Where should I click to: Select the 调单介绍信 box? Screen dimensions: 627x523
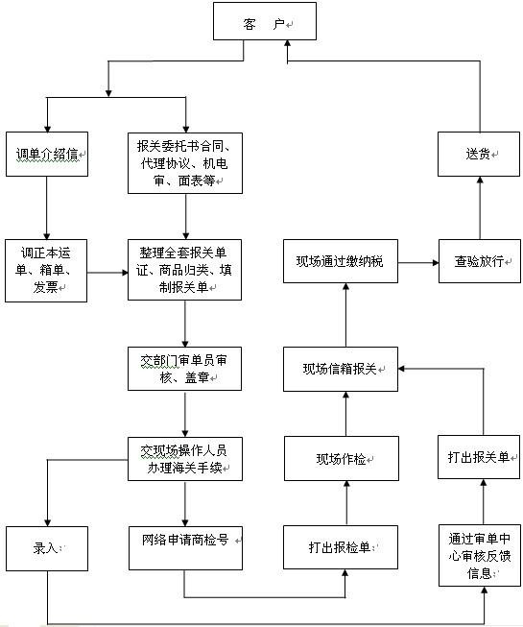pyautogui.click(x=46, y=154)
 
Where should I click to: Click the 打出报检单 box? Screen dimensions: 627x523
pyautogui.click(x=341, y=547)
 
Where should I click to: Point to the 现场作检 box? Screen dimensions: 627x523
pyautogui.click(x=341, y=459)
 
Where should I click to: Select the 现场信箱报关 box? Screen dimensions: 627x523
pyautogui.click(x=341, y=370)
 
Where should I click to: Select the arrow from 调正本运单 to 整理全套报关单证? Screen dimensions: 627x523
pyautogui.click(x=107, y=273)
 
